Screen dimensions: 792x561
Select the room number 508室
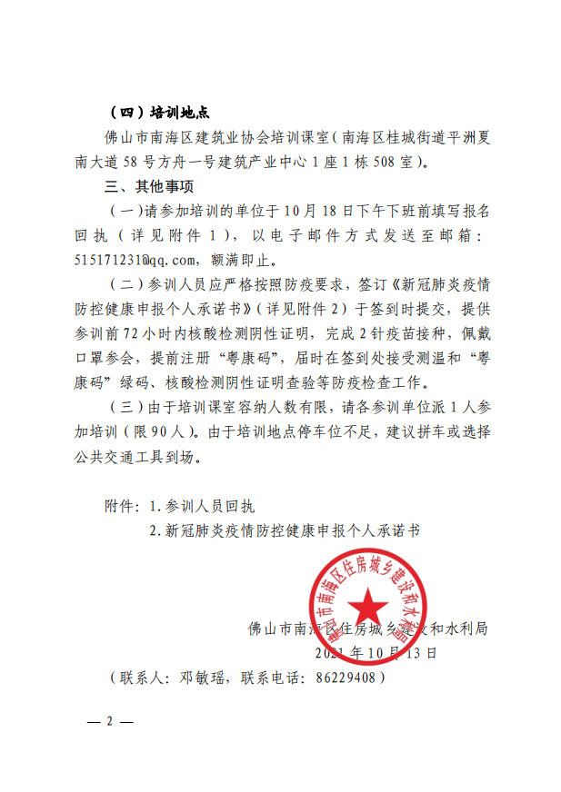[390, 163]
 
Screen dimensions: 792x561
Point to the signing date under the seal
[376, 652]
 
